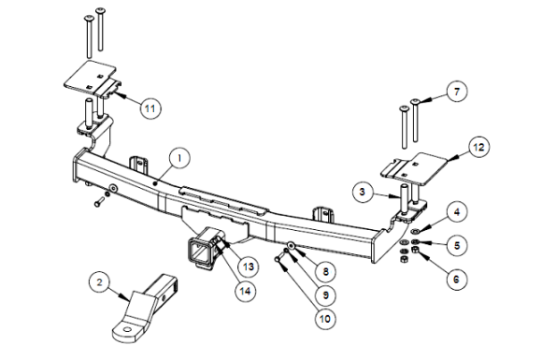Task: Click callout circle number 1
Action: (x=179, y=159)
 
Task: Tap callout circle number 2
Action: (x=100, y=282)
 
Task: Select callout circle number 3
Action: (x=363, y=192)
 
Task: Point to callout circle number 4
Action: (x=457, y=212)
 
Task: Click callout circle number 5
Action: (x=457, y=245)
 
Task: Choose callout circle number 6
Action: (x=456, y=279)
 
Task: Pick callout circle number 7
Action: (x=457, y=92)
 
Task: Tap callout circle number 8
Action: (x=325, y=271)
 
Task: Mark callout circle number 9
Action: (x=325, y=295)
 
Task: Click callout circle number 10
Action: (x=325, y=319)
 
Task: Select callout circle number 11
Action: (x=150, y=108)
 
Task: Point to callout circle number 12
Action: (x=478, y=148)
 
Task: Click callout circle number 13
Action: (x=249, y=266)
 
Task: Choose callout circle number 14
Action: (x=245, y=291)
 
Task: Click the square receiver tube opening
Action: (x=199, y=252)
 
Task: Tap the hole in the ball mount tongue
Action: (x=127, y=329)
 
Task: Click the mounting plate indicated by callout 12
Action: (x=415, y=169)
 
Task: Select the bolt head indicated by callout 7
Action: (x=415, y=101)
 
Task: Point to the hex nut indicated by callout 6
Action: (x=415, y=250)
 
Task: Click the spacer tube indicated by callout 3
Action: (x=404, y=199)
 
